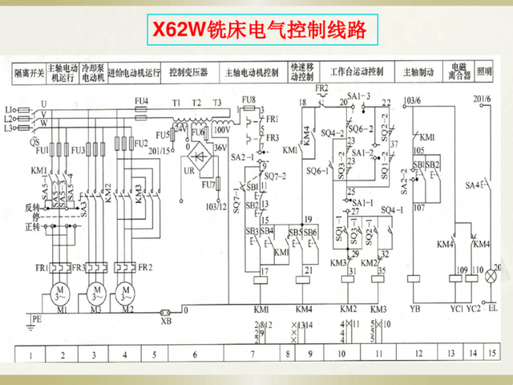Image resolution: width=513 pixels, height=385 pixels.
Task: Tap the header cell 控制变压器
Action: tap(188, 72)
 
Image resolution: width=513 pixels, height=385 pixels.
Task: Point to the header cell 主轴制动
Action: tap(418, 72)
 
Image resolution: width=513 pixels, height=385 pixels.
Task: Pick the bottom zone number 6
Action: tap(194, 354)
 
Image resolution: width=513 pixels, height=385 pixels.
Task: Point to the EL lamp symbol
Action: tap(492, 274)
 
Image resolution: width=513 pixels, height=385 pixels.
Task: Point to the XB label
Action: tap(167, 321)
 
